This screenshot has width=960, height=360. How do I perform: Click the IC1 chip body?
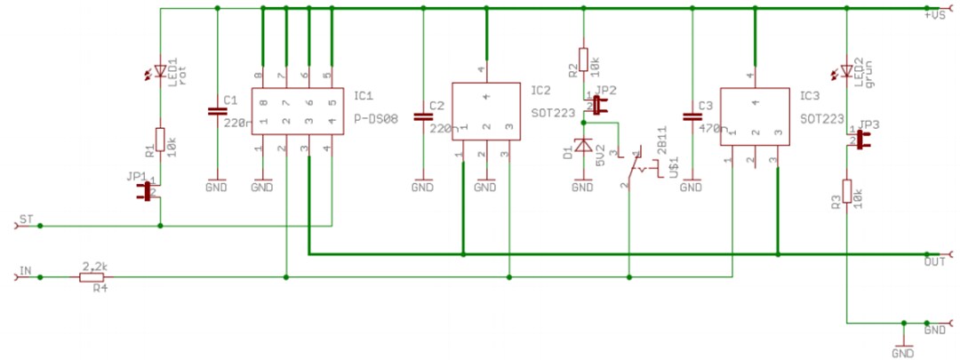(x=297, y=112)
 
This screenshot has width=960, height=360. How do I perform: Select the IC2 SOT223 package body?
(x=486, y=112)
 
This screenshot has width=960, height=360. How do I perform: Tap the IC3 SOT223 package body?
(x=755, y=116)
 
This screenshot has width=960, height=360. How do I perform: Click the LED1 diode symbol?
(x=160, y=70)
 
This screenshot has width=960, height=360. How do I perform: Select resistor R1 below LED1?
(x=160, y=141)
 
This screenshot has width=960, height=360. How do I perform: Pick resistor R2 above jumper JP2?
(x=583, y=60)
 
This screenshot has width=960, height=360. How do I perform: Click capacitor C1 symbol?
(x=217, y=112)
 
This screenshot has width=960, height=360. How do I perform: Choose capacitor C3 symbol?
(x=691, y=116)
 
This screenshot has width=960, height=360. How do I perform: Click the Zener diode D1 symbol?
(x=583, y=146)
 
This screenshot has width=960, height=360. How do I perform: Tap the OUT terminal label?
(x=933, y=262)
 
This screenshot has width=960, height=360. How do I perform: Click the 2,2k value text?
(x=94, y=266)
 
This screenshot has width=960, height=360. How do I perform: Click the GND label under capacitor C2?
(x=423, y=188)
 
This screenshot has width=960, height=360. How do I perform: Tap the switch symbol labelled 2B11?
(x=636, y=167)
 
